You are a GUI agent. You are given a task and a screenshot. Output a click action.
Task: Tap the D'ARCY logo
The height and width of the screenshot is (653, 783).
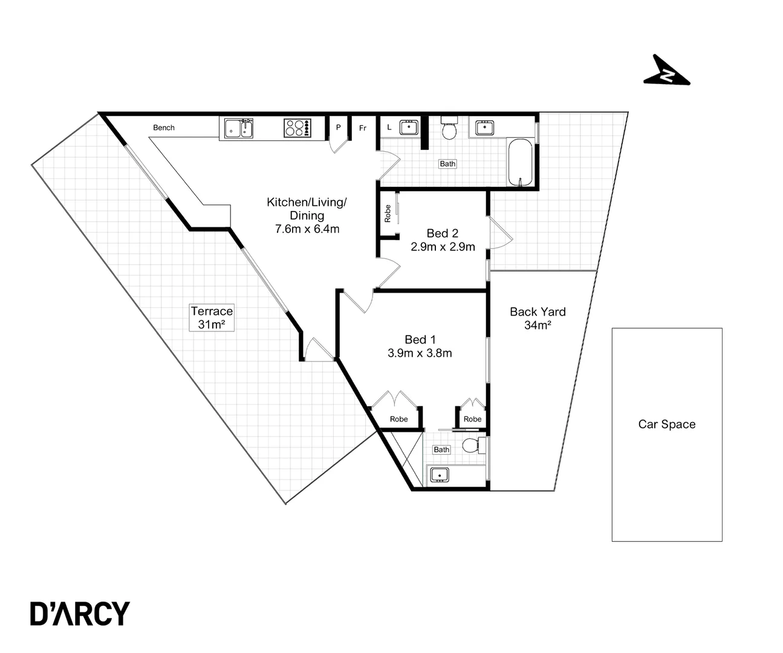click(80, 613)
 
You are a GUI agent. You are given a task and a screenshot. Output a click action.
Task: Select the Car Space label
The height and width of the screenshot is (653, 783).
click(666, 424)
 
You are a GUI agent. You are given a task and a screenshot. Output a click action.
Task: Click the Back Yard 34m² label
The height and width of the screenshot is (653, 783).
click(538, 319)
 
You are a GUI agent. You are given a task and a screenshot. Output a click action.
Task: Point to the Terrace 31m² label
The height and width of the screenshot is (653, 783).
click(212, 317)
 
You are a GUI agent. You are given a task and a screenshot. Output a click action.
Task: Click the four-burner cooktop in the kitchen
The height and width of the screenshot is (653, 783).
click(297, 128)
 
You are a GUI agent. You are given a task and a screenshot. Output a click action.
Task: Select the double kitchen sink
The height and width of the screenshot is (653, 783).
click(239, 128)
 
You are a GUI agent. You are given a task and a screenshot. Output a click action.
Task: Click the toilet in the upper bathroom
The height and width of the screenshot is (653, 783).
click(449, 128)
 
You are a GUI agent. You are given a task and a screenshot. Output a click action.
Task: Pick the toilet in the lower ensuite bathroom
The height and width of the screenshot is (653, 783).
click(472, 446)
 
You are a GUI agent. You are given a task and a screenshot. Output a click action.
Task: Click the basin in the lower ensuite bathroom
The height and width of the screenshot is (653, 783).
click(440, 475)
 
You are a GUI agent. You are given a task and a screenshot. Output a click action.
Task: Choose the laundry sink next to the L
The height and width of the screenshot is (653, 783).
click(409, 127)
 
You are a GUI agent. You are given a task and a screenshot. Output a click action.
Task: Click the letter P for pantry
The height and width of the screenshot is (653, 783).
click(339, 128)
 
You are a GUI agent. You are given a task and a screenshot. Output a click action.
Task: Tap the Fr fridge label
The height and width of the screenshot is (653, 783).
click(363, 128)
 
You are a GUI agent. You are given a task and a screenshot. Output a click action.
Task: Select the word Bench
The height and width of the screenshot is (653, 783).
click(164, 128)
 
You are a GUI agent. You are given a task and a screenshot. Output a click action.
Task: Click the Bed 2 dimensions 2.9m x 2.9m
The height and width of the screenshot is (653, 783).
click(443, 247)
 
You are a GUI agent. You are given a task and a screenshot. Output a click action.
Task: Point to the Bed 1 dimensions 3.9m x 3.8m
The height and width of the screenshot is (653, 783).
click(420, 353)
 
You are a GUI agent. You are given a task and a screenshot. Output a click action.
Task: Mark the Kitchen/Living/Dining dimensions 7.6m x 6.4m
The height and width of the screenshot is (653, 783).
click(307, 229)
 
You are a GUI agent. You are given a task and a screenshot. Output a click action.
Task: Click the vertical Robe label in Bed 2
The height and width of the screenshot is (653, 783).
click(388, 213)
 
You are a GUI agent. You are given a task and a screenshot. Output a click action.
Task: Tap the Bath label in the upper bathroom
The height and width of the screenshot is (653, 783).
click(447, 164)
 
